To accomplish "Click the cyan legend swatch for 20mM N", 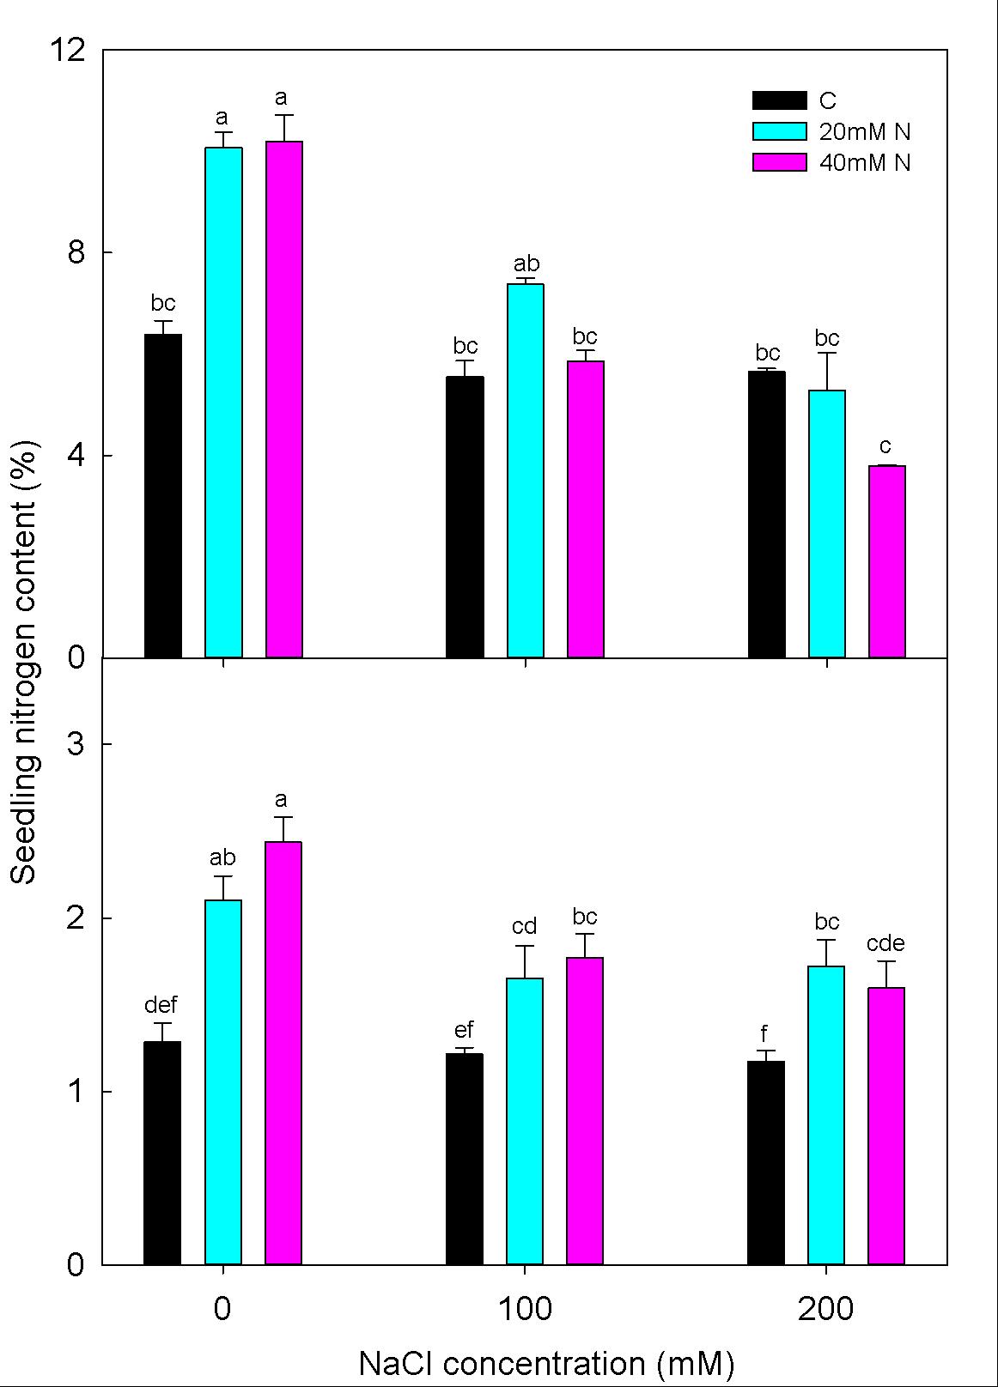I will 779,131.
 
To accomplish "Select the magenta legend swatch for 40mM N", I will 779,162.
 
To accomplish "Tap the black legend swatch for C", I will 779,100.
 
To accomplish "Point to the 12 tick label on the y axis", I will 69,51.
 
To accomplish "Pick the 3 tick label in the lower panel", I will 76,743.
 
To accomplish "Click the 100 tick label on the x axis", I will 525,1310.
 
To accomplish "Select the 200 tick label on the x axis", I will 826,1310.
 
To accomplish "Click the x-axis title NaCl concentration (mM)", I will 546,1363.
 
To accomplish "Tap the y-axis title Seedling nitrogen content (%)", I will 24,661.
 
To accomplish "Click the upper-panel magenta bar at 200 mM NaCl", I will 887,562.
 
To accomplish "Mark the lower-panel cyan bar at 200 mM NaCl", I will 826,1115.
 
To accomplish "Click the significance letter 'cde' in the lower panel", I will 885,943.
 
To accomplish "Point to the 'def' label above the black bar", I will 161,1004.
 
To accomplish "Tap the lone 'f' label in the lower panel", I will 764,1033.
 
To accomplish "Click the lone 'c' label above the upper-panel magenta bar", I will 885,446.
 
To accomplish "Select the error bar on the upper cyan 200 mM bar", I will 827,371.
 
